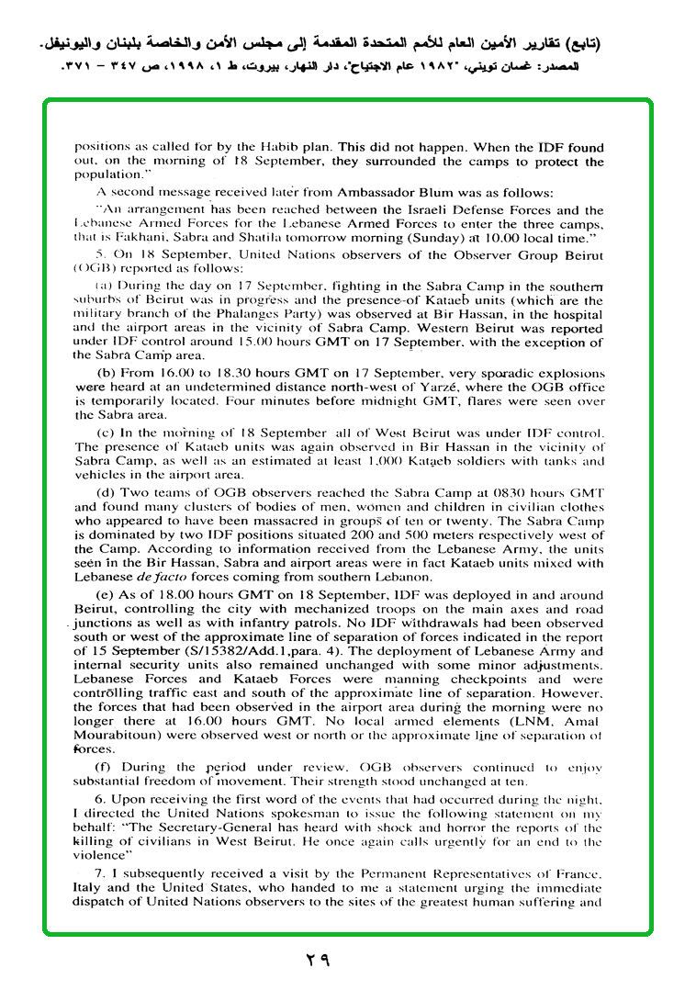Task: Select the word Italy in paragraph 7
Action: click(x=89, y=888)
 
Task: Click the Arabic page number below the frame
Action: click(x=317, y=961)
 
